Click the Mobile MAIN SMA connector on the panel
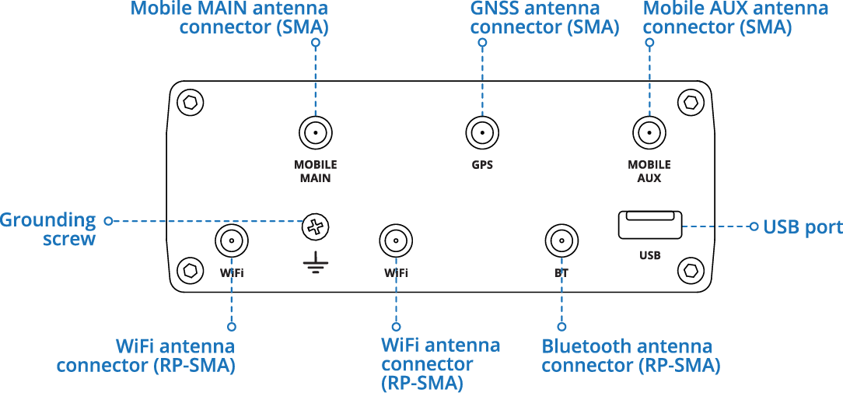(x=315, y=133)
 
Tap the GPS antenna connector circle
(x=482, y=133)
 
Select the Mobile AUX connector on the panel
(x=649, y=133)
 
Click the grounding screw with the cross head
(x=315, y=227)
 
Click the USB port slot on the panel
(x=650, y=226)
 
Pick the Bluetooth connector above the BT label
(x=561, y=241)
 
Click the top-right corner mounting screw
(x=689, y=102)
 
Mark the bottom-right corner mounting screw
(x=689, y=271)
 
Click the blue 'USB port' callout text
(x=803, y=227)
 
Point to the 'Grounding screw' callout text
(x=49, y=230)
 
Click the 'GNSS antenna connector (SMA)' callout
(x=544, y=18)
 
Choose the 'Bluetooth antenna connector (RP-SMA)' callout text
(x=630, y=356)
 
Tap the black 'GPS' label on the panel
(x=482, y=165)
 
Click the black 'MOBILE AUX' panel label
(x=649, y=171)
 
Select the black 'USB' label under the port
(x=650, y=254)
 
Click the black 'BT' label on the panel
(x=561, y=273)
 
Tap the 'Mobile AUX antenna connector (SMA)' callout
(x=735, y=18)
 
